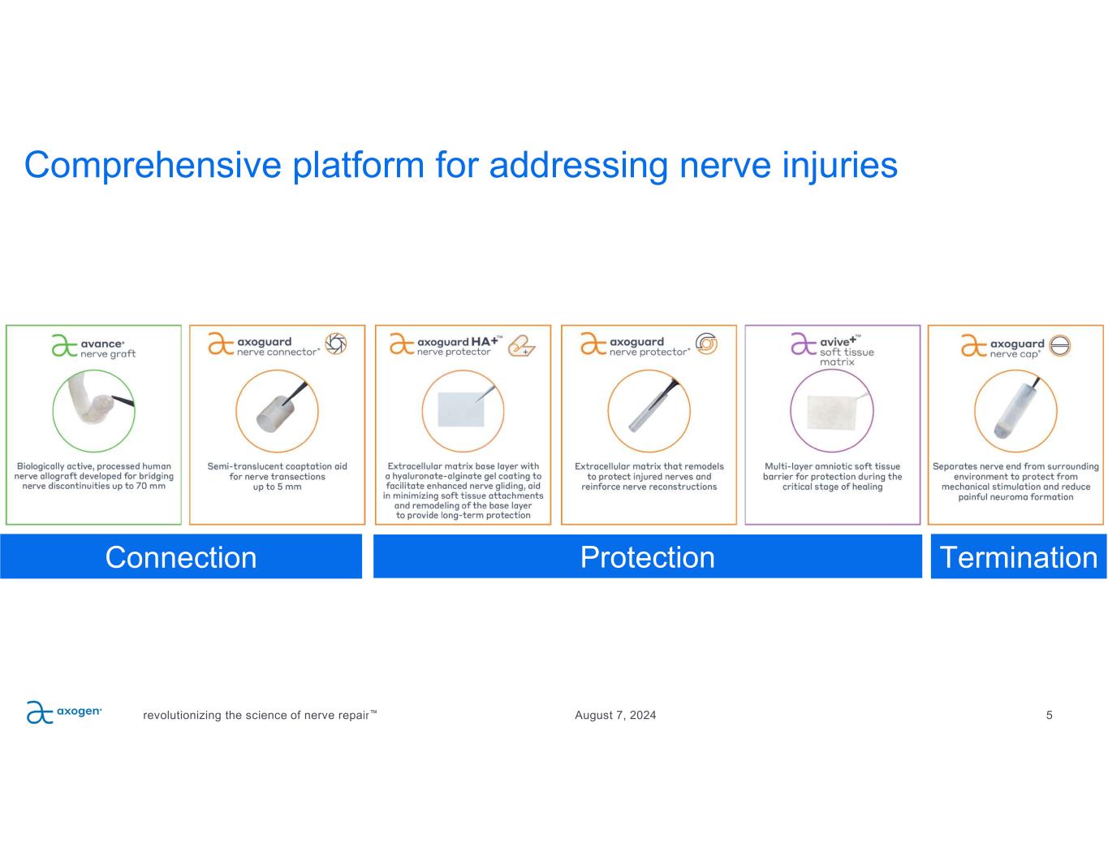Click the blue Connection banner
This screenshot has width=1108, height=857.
point(181,557)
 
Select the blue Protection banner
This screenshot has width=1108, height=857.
point(647,557)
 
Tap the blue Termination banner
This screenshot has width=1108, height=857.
point(1018,557)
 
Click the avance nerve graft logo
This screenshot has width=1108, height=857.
point(93,347)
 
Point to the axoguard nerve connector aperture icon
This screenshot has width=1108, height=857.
point(336,344)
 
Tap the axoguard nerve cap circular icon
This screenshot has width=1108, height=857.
point(1060,345)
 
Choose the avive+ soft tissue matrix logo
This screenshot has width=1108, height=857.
point(832,348)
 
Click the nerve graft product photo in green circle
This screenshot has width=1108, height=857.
point(93,410)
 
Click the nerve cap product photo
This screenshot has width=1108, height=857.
point(1015,411)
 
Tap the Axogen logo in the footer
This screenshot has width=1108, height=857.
point(64,712)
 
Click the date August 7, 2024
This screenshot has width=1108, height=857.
point(615,716)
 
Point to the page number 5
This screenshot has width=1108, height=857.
point(1049,715)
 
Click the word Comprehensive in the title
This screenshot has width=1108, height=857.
point(153,165)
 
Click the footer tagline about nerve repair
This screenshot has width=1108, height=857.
point(260,716)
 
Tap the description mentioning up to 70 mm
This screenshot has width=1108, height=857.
point(93,476)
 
